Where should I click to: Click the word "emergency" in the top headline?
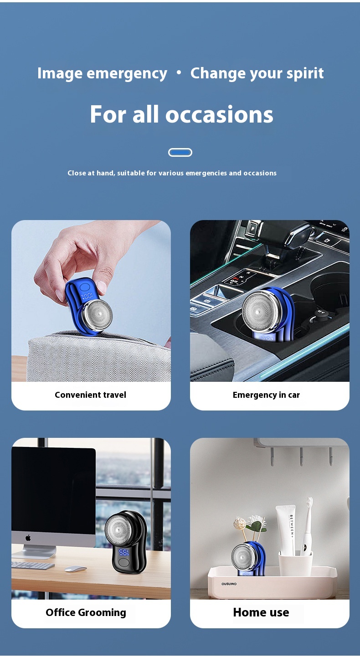(127, 74)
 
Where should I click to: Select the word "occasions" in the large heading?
(220, 114)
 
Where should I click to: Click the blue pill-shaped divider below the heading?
(180, 153)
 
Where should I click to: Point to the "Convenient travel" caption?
(90, 395)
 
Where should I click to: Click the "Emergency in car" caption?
(266, 395)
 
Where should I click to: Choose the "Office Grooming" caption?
(86, 613)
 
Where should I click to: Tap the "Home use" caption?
(261, 612)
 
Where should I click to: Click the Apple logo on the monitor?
(28, 538)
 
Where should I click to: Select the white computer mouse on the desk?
(75, 569)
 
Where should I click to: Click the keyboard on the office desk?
(32, 565)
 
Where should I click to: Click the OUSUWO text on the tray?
(229, 584)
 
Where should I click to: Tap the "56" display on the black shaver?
(123, 553)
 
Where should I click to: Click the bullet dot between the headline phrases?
(179, 72)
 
